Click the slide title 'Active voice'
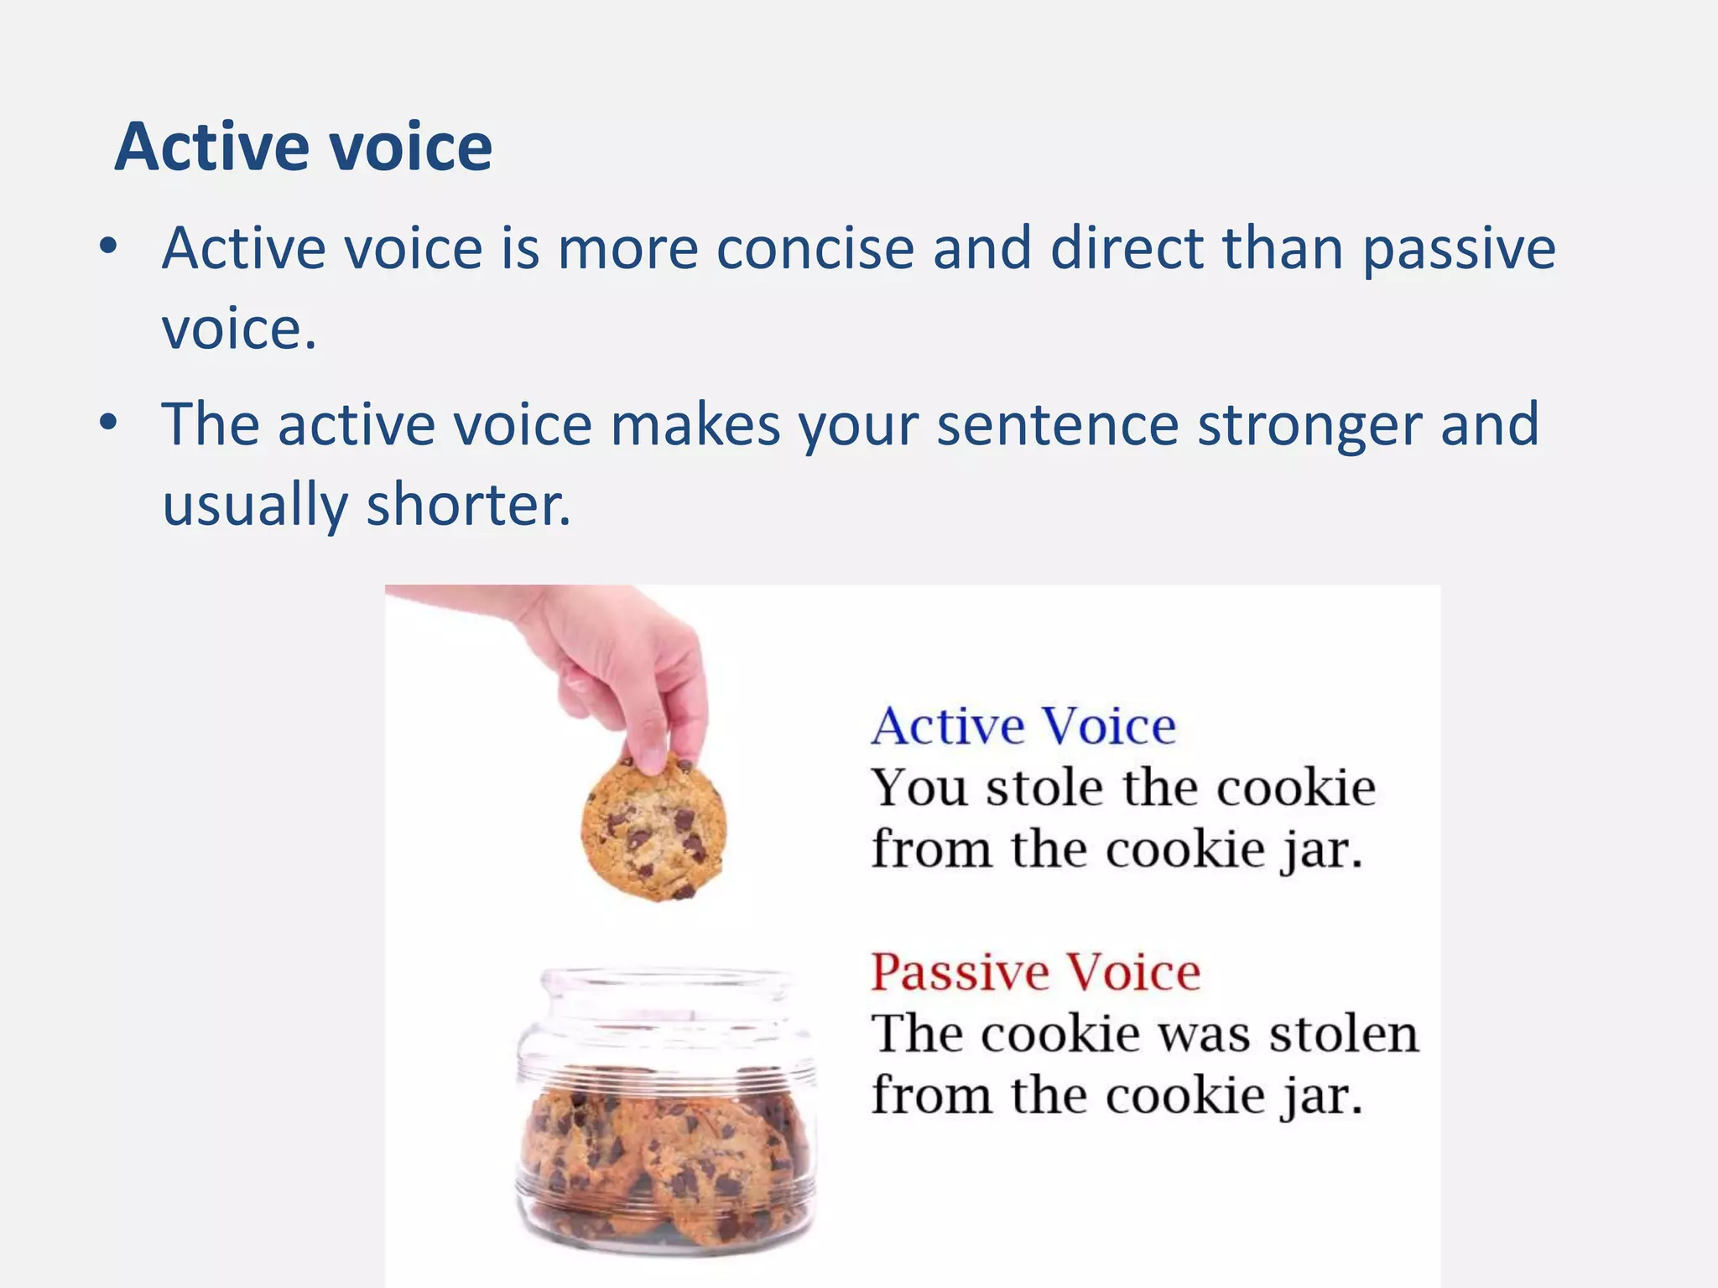pyautogui.click(x=303, y=147)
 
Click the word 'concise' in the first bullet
pyautogui.click(x=815, y=249)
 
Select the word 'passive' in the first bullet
pyautogui.click(x=1459, y=249)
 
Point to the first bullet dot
pyautogui.click(x=107, y=247)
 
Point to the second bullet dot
pyautogui.click(x=107, y=423)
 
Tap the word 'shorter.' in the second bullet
pyautogui.click(x=468, y=506)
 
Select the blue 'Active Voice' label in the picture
pyautogui.click(x=1023, y=726)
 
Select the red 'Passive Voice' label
pyautogui.click(x=1036, y=973)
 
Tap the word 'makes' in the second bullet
pyautogui.click(x=695, y=425)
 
